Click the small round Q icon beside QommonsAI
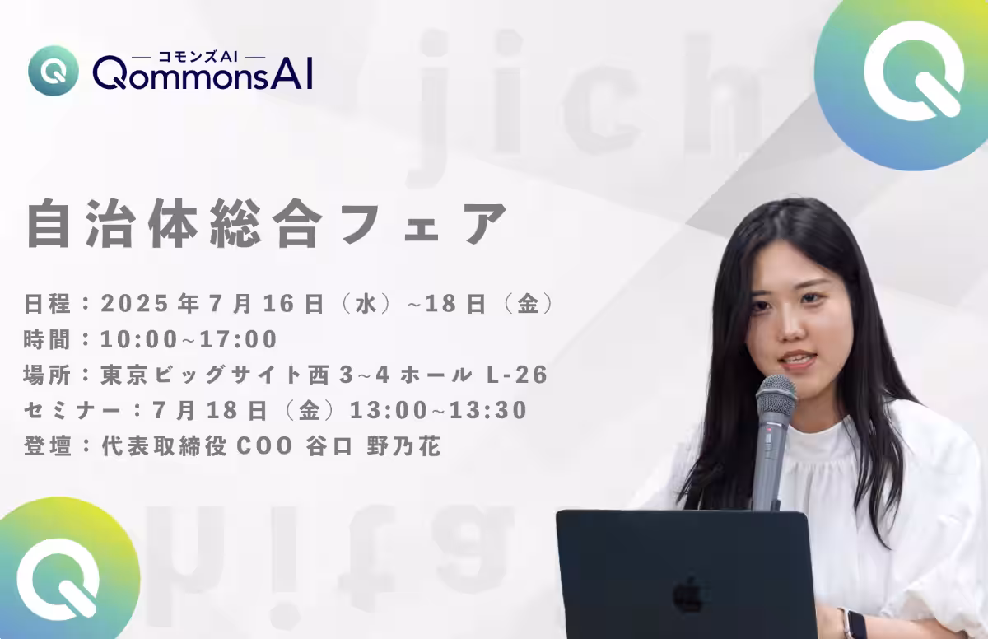click(54, 71)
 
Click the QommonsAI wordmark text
click(203, 74)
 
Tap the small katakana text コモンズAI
click(198, 57)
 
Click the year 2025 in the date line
click(135, 303)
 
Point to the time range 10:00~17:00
click(189, 339)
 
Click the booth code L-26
click(517, 375)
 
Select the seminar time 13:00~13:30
click(439, 410)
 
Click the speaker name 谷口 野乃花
click(373, 445)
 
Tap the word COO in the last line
click(265, 445)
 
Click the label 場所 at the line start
click(47, 375)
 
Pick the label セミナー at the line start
click(72, 411)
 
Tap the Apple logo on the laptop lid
click(688, 595)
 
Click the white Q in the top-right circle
click(914, 70)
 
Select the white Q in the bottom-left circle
click(58, 578)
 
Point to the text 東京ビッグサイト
click(201, 375)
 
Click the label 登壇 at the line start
click(47, 445)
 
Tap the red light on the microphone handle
click(769, 430)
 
